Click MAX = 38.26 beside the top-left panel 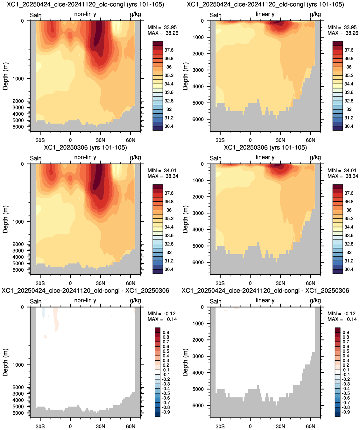163,33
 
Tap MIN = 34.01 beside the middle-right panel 343,170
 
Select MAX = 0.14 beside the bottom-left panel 162,319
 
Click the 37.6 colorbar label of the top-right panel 349,50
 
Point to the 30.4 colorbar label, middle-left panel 169,269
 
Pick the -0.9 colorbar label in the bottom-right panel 346,412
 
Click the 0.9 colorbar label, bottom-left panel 166,332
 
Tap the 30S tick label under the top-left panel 40,140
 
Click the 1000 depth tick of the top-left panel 18,78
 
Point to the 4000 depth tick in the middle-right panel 198,229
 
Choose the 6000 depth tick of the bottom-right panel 198,405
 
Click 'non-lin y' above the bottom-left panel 85,300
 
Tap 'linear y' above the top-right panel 265,14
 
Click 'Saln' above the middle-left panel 36,158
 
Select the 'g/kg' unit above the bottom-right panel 315,301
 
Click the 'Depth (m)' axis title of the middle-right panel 185,219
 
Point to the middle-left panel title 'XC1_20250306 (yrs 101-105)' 85,147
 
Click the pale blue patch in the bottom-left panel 43,312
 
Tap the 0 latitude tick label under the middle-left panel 70,283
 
